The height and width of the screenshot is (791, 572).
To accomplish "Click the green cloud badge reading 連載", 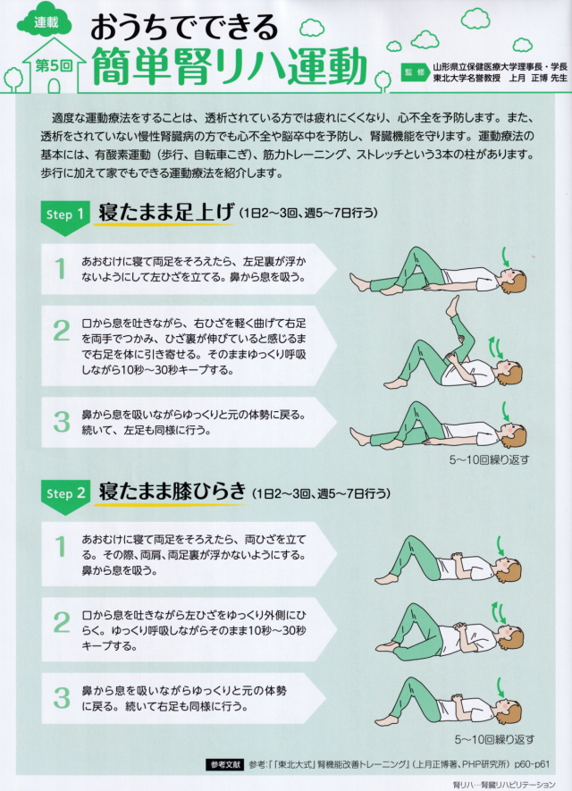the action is pyautogui.click(x=45, y=21).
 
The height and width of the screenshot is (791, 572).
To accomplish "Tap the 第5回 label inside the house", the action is pyautogui.click(x=54, y=65).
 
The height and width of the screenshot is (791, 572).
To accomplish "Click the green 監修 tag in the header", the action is pyautogui.click(x=414, y=72).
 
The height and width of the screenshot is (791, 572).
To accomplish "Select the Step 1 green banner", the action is pyautogui.click(x=65, y=217).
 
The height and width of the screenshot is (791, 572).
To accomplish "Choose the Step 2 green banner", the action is pyautogui.click(x=65, y=497).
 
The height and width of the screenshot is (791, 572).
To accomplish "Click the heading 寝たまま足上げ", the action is pyautogui.click(x=166, y=213).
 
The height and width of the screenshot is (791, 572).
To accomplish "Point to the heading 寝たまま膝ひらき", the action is pyautogui.click(x=172, y=492).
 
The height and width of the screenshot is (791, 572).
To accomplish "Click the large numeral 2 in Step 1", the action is pyautogui.click(x=61, y=331).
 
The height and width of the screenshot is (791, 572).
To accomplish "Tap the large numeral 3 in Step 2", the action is pyautogui.click(x=62, y=698).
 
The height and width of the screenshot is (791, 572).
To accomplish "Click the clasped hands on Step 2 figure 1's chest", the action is pyautogui.click(x=458, y=558).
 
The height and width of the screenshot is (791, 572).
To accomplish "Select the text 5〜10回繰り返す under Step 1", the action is pyautogui.click(x=489, y=459).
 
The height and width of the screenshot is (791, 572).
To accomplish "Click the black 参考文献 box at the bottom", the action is pyautogui.click(x=224, y=764).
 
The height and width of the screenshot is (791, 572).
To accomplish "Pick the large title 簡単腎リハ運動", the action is pyautogui.click(x=230, y=65).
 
